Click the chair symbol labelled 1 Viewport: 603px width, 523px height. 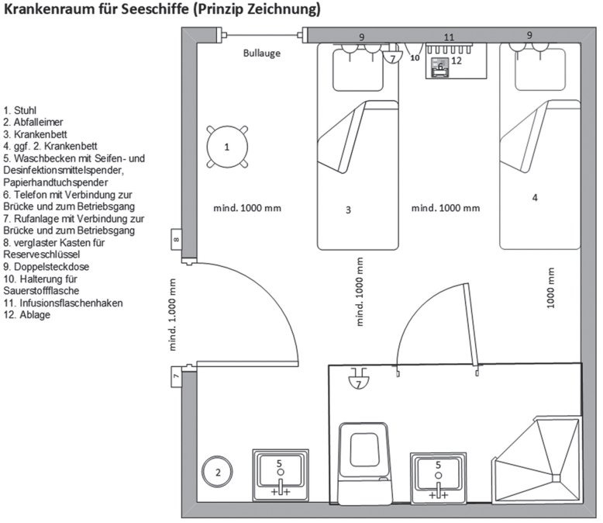(x=227, y=146)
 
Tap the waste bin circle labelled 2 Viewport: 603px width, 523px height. (x=218, y=471)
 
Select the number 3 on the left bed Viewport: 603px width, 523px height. (x=349, y=210)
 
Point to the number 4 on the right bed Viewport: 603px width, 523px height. (x=535, y=198)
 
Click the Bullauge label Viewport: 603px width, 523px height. (x=261, y=54)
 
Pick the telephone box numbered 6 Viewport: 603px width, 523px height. (x=440, y=68)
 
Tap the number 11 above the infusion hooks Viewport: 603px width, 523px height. (x=450, y=36)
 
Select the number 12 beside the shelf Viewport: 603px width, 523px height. (x=457, y=60)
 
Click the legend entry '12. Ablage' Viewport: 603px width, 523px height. (x=27, y=314)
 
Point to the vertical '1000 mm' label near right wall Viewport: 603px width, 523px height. (x=551, y=289)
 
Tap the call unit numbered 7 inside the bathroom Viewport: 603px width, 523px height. (x=358, y=381)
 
